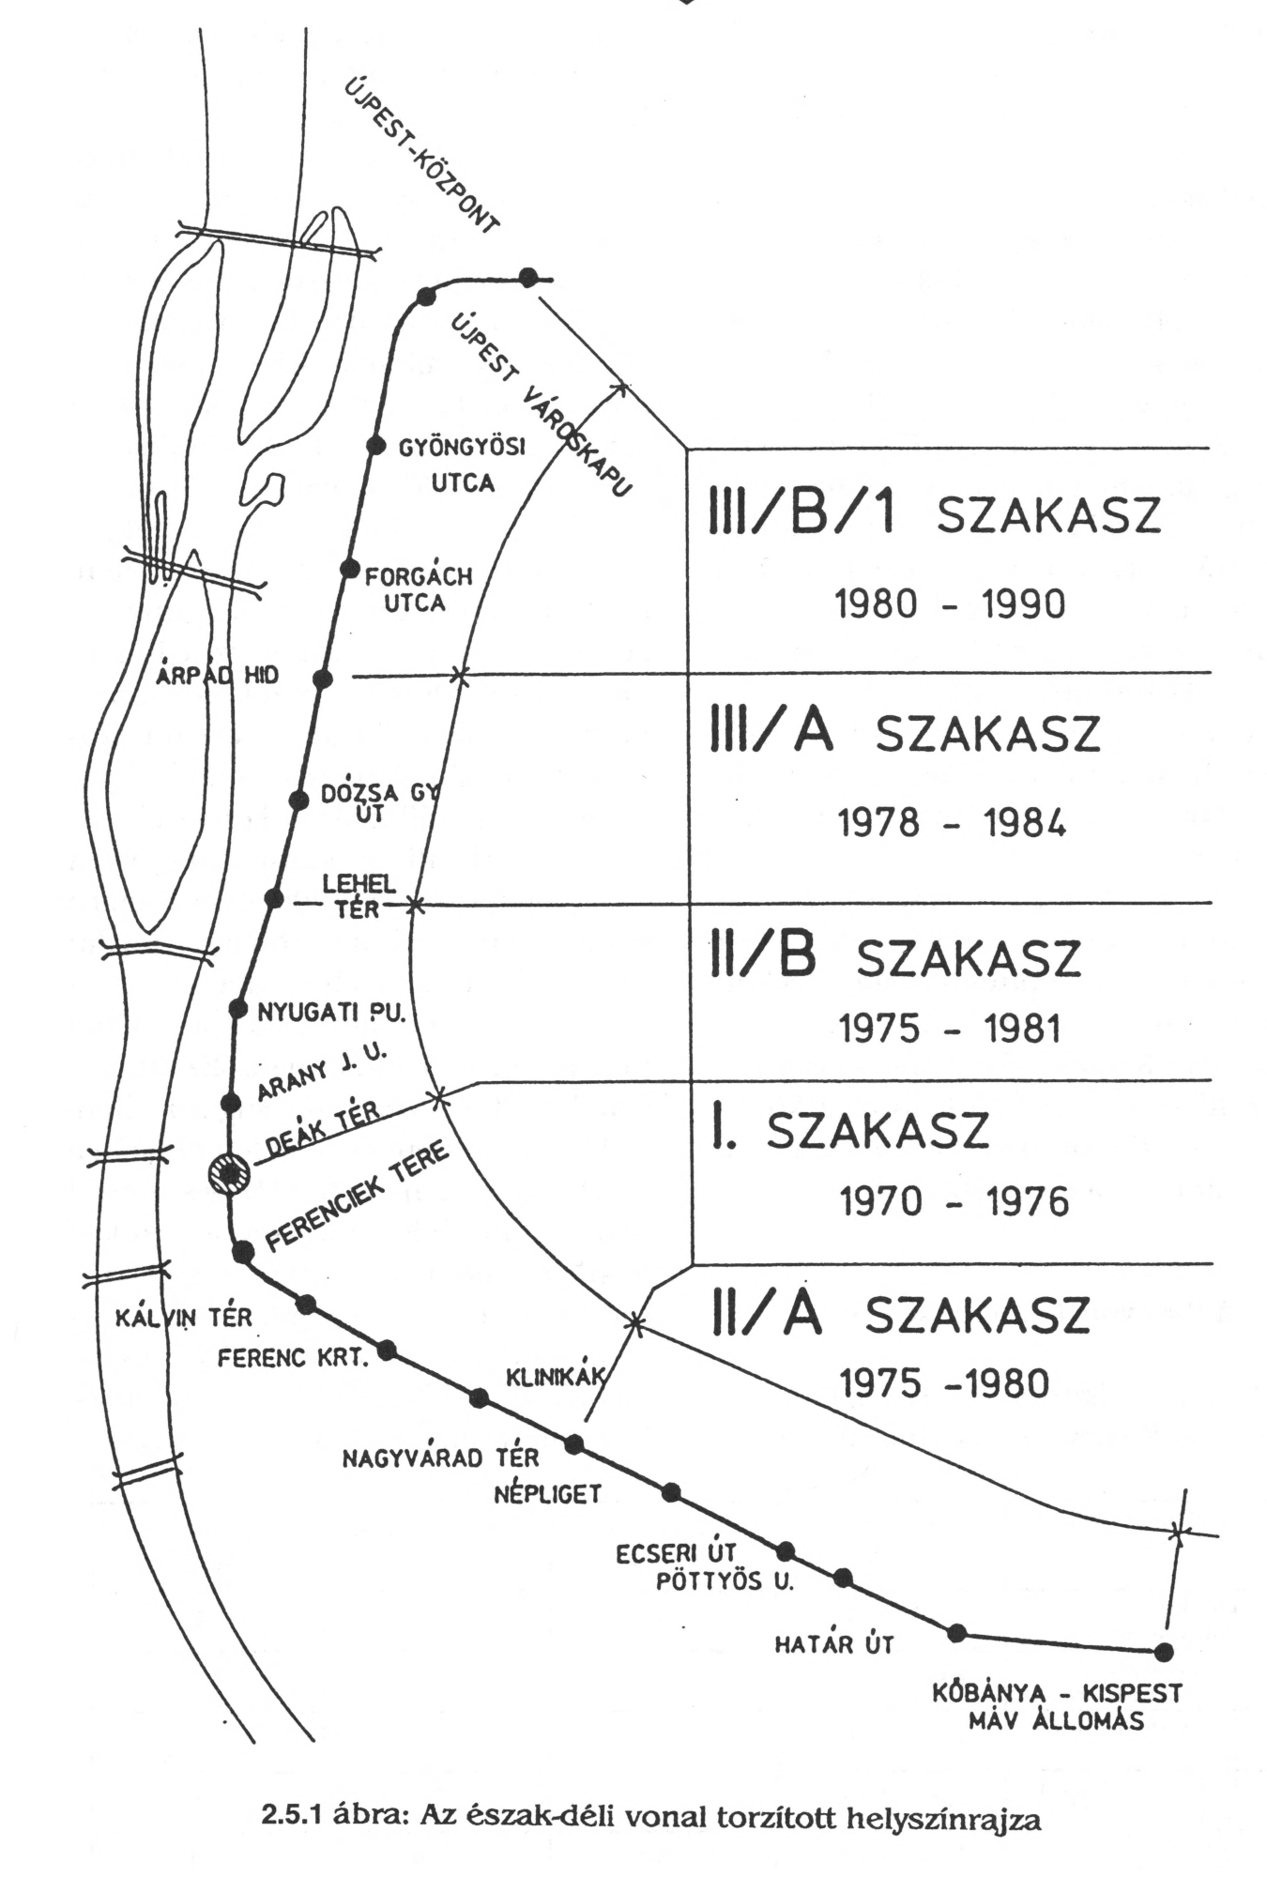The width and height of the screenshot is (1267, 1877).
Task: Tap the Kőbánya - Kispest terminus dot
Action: (x=1164, y=1651)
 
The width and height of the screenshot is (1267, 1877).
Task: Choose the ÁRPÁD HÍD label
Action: (x=218, y=676)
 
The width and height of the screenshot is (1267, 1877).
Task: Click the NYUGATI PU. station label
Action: (x=330, y=1013)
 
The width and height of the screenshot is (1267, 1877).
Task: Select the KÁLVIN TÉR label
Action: (x=183, y=1318)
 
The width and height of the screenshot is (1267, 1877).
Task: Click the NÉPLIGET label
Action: (x=547, y=1494)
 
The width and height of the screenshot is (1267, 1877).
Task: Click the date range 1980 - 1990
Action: (x=950, y=603)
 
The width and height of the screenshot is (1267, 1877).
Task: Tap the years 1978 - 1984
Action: (x=951, y=824)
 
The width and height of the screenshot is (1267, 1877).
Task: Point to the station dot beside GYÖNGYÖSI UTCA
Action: (x=375, y=446)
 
